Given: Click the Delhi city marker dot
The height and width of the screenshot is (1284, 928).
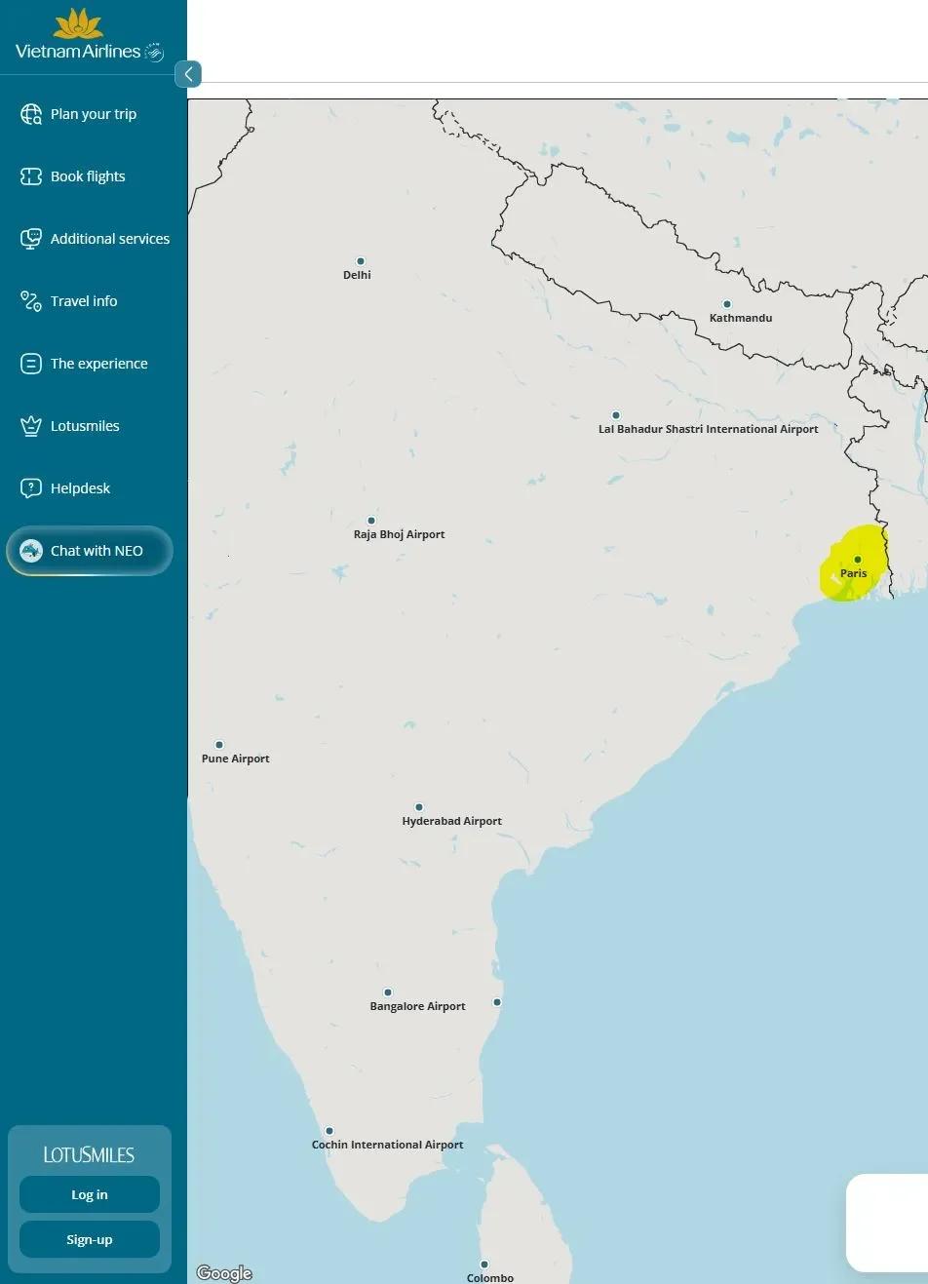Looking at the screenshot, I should tap(361, 261).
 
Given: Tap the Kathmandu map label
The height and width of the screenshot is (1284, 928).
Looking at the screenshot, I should tap(741, 318).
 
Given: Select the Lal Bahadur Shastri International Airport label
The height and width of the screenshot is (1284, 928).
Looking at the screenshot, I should tap(708, 429).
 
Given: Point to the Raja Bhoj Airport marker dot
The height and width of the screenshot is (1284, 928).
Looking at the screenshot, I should tap(371, 521).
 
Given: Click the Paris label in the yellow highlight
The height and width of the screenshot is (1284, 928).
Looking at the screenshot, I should tap(854, 573).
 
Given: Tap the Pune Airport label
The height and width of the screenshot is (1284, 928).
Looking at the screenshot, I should tap(236, 759).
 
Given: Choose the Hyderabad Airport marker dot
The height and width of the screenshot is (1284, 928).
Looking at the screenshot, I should tap(419, 807).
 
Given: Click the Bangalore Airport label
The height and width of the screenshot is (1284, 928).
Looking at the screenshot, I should tap(417, 1006).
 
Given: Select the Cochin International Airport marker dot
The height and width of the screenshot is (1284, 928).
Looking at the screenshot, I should tap(329, 1131).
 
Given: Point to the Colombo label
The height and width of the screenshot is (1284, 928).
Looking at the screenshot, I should tap(489, 1277).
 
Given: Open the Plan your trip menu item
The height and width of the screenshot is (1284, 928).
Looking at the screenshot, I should tap(94, 114).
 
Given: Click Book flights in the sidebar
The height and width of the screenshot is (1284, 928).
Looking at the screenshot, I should tap(88, 176).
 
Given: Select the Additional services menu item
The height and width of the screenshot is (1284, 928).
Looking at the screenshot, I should tap(109, 239).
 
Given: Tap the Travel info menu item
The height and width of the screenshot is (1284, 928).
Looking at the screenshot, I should tap(84, 301).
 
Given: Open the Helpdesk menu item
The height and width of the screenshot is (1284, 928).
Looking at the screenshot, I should tap(80, 488).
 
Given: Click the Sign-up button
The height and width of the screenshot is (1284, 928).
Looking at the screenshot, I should tap(90, 1239).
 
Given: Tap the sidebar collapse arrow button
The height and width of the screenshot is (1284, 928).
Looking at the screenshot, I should tap(188, 74).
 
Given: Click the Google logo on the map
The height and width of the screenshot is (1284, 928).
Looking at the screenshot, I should tap(224, 1272).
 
